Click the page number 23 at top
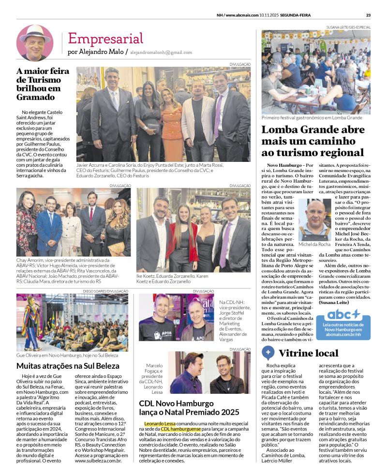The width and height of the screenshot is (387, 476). pyautogui.click(x=368, y=14)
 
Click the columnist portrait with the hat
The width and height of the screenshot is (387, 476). pyautogui.click(x=35, y=43)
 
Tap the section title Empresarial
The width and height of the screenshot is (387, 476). pyautogui.click(x=105, y=38)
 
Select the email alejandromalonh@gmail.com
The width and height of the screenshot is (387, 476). pyautogui.click(x=161, y=52)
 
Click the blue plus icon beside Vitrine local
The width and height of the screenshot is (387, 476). pyautogui.click(x=268, y=352)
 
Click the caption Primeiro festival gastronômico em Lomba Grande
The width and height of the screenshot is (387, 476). pyautogui.click(x=312, y=117)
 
